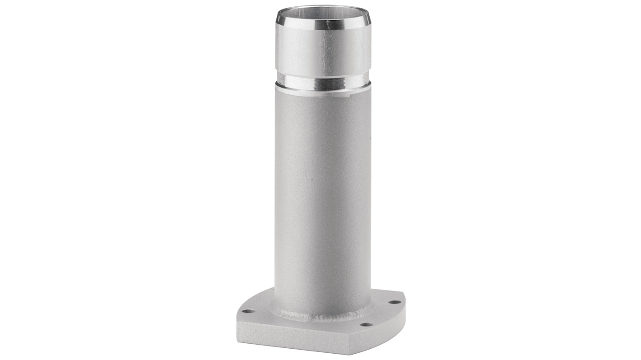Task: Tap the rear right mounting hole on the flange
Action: (x=394, y=302)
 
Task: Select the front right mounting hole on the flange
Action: (x=366, y=324)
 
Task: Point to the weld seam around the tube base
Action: (x=316, y=316)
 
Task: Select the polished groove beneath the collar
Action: (x=322, y=81)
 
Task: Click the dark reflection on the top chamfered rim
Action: (x=334, y=20)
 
